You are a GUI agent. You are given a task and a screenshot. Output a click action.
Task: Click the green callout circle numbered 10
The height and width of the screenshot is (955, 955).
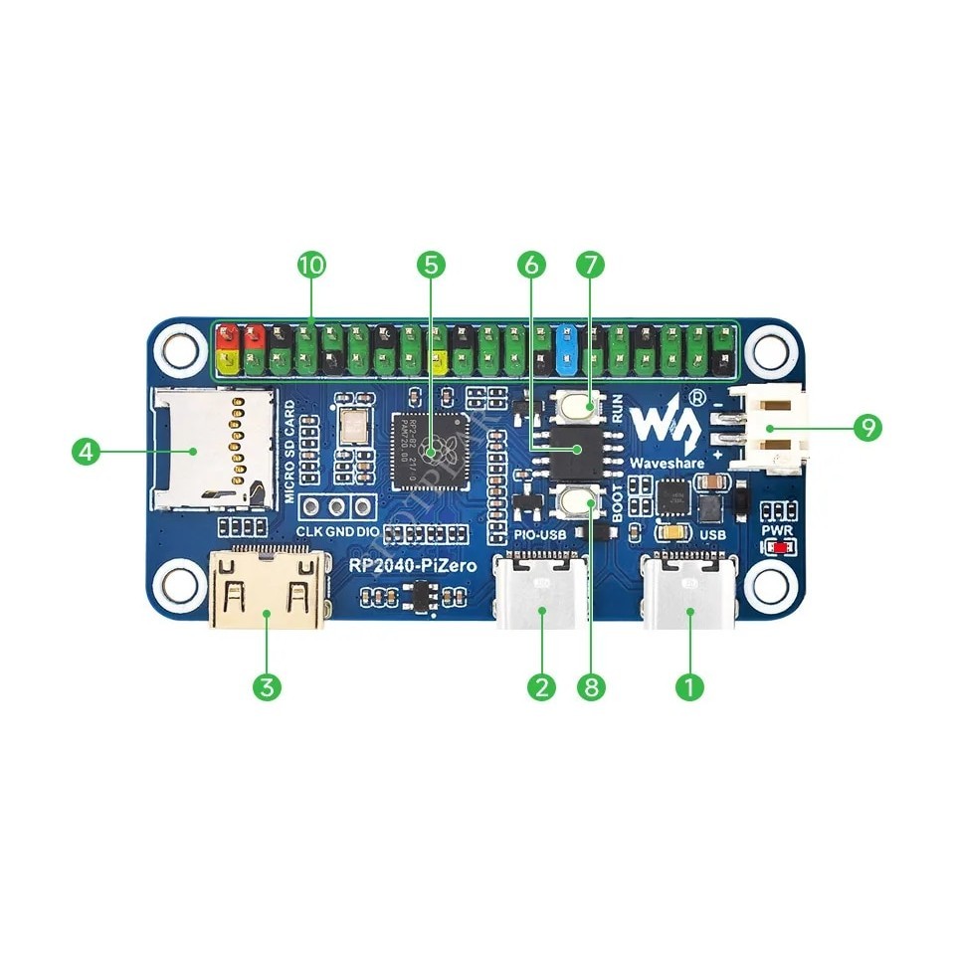(311, 265)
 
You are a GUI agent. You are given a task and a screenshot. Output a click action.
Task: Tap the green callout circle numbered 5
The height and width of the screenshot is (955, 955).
(431, 265)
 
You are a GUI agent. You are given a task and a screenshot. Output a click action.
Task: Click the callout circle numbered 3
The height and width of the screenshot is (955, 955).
(266, 686)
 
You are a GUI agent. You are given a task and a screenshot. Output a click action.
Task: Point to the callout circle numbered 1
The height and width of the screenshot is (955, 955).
(689, 686)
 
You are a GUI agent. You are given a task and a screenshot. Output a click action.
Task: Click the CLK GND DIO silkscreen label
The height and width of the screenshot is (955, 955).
(337, 531)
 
